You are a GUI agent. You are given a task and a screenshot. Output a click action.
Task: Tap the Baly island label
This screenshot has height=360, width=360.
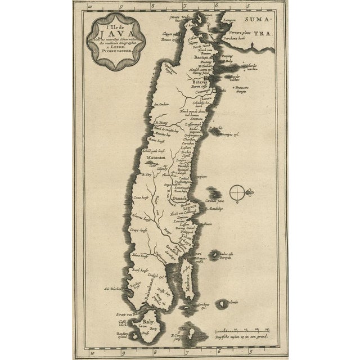(148, 322)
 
